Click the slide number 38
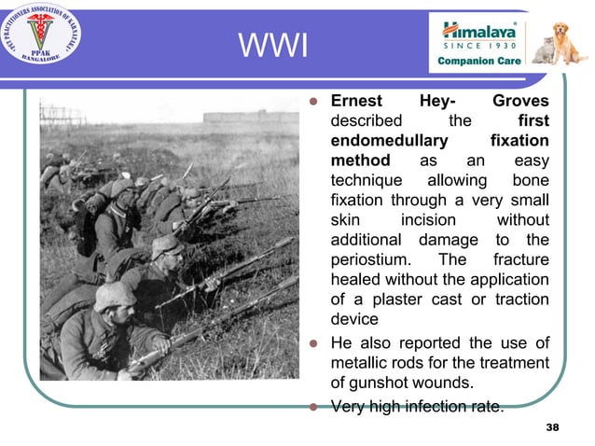pos(552,426)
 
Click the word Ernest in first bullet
pos(357,101)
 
